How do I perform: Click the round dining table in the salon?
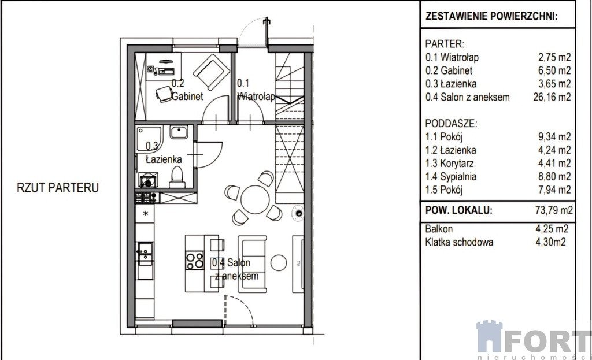coord(255,199)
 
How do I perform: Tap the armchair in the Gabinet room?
coord(211,72)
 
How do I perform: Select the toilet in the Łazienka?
coord(177,177)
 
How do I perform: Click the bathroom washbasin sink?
coord(179,132)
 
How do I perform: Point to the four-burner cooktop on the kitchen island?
coord(195,261)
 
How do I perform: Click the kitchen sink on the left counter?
coord(145,251)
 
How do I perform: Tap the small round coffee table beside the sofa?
coord(279,263)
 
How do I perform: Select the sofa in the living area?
coord(252,264)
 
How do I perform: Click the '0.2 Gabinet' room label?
coord(187,90)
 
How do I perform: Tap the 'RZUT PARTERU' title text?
coord(58,188)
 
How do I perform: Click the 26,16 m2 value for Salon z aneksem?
coord(552,97)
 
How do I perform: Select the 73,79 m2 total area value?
coord(554,210)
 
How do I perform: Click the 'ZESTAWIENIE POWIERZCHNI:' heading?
coord(491,16)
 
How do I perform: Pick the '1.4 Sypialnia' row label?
coord(451,176)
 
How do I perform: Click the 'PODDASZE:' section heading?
coord(451,124)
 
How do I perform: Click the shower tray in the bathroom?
coord(149,139)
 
